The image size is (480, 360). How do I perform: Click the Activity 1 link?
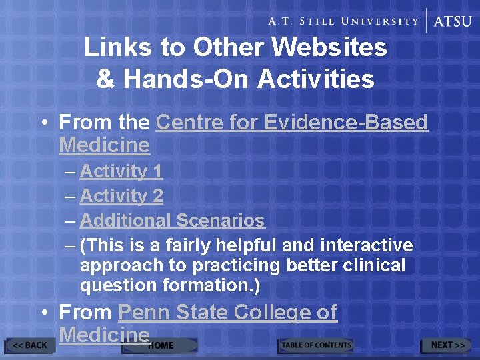pyautogui.click(x=121, y=171)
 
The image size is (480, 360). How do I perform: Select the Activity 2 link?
pyautogui.click(x=121, y=196)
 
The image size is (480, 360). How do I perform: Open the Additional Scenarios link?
pyautogui.click(x=172, y=220)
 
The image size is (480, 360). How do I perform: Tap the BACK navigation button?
pyautogui.click(x=30, y=345)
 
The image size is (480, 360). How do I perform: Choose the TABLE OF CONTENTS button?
pyautogui.click(x=315, y=345)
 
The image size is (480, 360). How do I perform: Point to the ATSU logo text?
pyautogui.click(x=453, y=21)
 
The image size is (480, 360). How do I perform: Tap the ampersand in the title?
pyautogui.click(x=105, y=79)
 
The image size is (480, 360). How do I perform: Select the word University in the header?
pyautogui.click(x=379, y=21)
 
